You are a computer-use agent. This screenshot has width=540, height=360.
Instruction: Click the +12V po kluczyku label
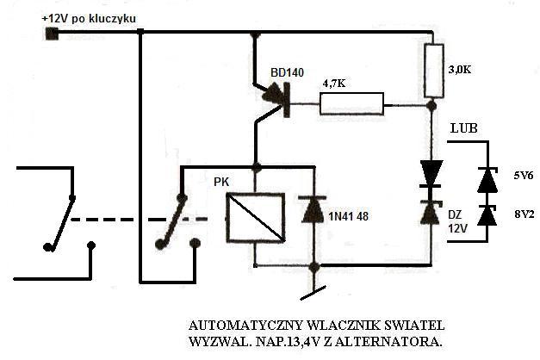point(89,19)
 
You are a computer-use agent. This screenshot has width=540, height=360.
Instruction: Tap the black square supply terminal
point(52,34)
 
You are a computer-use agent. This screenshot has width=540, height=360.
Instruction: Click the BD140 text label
point(287,72)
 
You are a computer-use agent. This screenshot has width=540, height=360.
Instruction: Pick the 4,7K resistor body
point(352,103)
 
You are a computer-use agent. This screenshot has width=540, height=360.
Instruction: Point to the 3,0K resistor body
point(433,71)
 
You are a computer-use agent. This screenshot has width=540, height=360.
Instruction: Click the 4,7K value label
point(334,84)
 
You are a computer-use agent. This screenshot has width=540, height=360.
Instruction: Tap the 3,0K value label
point(459,70)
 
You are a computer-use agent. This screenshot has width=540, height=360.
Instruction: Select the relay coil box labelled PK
point(255,217)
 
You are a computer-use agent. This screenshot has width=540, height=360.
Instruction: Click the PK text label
point(221,182)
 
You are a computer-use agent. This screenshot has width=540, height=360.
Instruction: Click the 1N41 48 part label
point(348,216)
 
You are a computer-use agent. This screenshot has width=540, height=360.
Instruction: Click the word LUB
point(464,128)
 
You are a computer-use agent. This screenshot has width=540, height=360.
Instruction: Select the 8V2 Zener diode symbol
point(487,215)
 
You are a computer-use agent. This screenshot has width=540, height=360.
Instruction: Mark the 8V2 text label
point(524,214)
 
